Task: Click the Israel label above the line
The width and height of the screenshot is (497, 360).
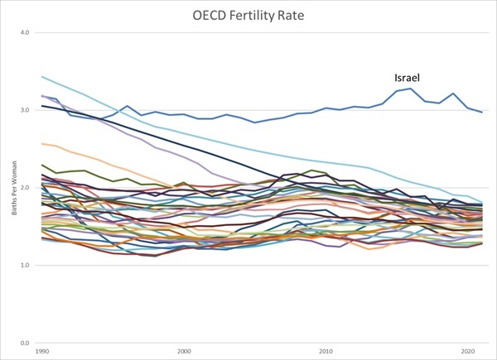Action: (407, 78)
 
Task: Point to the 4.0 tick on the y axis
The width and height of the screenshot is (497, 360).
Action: (25, 32)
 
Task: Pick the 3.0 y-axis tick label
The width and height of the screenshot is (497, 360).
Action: (25, 110)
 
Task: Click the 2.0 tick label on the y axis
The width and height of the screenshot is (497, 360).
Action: (25, 188)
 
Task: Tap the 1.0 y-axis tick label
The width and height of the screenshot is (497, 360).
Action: (25, 265)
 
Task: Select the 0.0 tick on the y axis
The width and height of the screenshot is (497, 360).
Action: (25, 343)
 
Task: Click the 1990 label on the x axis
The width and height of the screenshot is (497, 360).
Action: (41, 351)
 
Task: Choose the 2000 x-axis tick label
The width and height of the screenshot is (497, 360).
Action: (184, 351)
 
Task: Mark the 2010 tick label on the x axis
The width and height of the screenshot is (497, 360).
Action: (326, 351)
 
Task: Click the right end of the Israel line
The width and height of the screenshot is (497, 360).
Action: (482, 113)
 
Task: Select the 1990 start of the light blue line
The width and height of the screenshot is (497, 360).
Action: (41, 77)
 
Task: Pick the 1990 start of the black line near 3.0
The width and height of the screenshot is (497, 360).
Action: (41, 105)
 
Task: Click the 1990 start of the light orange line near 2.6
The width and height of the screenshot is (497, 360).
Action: (41, 143)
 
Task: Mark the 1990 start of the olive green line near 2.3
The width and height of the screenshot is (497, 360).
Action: (41, 165)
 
